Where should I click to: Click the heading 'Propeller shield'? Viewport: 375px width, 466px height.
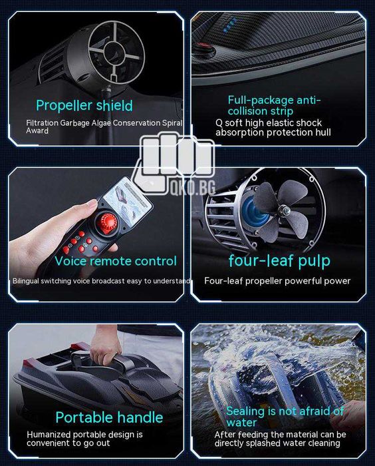(x=84, y=106)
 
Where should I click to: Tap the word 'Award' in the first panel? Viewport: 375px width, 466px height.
(x=37, y=130)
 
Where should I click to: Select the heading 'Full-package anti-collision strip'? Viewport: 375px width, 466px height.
(x=275, y=105)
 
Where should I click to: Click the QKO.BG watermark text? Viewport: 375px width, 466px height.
(x=193, y=188)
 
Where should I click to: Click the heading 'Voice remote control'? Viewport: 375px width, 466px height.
(x=116, y=261)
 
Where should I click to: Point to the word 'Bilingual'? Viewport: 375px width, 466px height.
(x=25, y=281)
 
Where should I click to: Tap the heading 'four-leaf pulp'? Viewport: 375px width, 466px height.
(x=279, y=261)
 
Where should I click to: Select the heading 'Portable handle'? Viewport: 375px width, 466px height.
(x=109, y=417)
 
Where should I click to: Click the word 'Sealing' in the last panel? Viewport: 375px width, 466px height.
(x=245, y=411)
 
